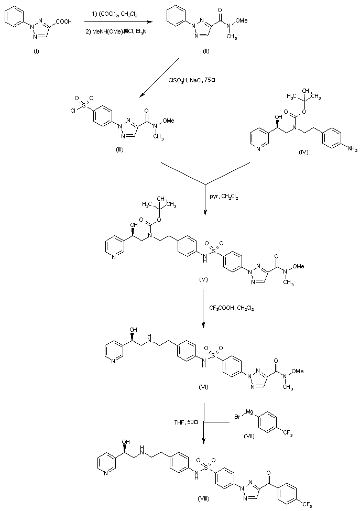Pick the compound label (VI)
point(203,386)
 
